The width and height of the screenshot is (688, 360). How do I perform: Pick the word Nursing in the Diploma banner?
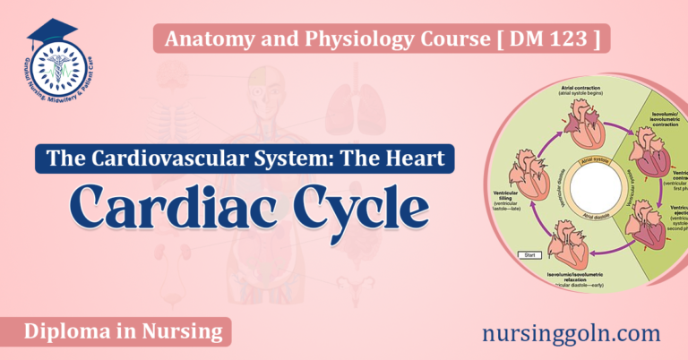point(184,332)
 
